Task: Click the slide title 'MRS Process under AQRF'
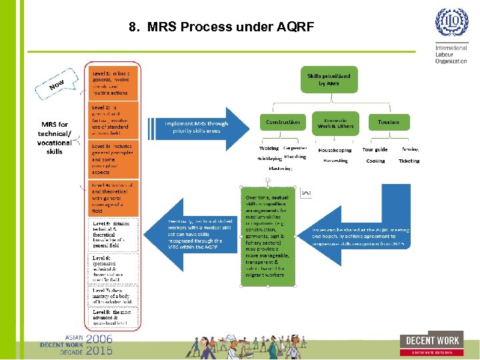tap(221, 27)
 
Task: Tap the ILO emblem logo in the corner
tap(452, 24)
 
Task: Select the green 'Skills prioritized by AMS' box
tap(328, 81)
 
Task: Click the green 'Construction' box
tap(283, 122)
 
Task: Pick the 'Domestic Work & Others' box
tap(334, 122)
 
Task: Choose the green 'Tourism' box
tap(389, 122)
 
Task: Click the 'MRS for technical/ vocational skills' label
tap(55, 138)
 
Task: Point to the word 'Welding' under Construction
tap(269, 149)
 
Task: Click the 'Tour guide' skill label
tap(375, 150)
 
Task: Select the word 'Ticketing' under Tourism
tap(409, 161)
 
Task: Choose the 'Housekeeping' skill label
tap(335, 150)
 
